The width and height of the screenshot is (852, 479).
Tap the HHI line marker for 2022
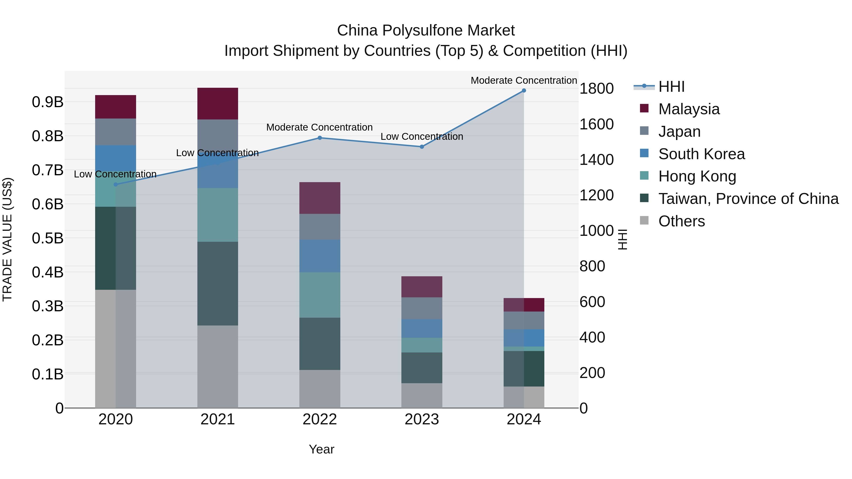pyautogui.click(x=319, y=138)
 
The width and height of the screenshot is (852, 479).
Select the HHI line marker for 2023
pyautogui.click(x=422, y=147)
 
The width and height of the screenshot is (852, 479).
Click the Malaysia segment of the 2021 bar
pyautogui.click(x=218, y=103)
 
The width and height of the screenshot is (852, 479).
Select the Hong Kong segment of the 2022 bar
pyautogui.click(x=319, y=295)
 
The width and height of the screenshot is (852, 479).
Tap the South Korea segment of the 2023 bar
pyautogui.click(x=422, y=328)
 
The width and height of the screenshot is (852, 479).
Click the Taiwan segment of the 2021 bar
pyautogui.click(x=218, y=284)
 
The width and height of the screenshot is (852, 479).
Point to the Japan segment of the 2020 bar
pyautogui.click(x=115, y=132)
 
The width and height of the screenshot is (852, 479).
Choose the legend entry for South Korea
pyautogui.click(x=701, y=154)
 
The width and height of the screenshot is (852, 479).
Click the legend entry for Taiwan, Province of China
pyautogui.click(x=748, y=199)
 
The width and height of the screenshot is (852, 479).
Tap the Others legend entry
pyautogui.click(x=681, y=221)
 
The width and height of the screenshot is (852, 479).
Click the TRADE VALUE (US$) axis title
pyautogui.click(x=7, y=239)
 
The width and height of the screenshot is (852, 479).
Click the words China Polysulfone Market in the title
pyautogui.click(x=426, y=31)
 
